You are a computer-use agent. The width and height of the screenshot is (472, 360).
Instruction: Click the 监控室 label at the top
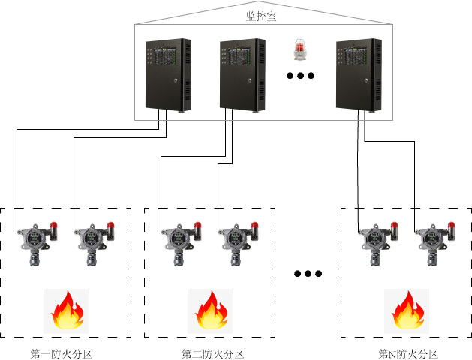(261, 16)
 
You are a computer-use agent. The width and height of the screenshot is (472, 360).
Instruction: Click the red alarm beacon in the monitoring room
(300, 50)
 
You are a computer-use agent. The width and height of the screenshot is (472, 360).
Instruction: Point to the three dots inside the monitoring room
(300, 76)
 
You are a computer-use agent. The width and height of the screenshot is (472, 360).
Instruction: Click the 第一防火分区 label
(62, 354)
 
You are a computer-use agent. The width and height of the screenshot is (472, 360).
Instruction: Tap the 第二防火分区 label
(213, 354)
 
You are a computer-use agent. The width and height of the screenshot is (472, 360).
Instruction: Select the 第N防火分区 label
(407, 354)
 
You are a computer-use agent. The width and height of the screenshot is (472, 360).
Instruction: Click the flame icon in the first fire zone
(66, 310)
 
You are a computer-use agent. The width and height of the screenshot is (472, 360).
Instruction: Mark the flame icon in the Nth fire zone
(407, 310)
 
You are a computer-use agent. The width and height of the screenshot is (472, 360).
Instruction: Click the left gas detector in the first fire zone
(36, 241)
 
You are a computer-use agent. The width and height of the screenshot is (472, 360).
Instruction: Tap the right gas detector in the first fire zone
(92, 241)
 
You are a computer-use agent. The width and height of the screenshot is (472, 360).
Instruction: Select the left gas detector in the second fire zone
(179, 241)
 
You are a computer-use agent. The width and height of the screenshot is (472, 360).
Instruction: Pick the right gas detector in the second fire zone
(236, 241)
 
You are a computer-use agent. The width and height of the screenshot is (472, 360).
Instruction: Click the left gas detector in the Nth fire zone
(376, 241)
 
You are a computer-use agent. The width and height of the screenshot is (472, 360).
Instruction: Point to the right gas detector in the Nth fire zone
(432, 241)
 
